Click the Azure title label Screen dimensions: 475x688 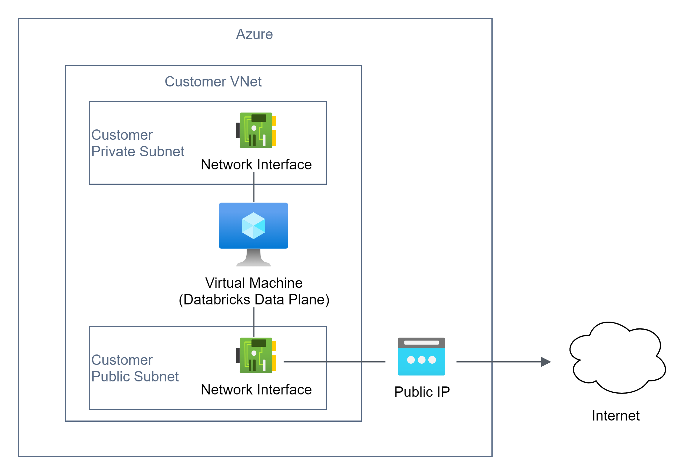(x=254, y=34)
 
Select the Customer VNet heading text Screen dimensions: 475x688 (x=213, y=81)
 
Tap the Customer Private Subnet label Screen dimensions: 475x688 (x=137, y=143)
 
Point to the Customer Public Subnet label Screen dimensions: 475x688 (x=135, y=368)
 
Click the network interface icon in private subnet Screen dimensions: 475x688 (x=256, y=130)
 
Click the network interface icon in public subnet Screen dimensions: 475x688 (x=256, y=355)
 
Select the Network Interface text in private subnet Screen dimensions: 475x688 (x=256, y=165)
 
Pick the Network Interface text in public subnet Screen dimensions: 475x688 (x=256, y=390)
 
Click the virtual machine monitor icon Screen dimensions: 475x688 (x=253, y=226)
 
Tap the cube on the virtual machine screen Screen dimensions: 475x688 (x=253, y=226)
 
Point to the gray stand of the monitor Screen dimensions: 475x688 (x=253, y=258)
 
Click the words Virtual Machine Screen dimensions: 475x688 (x=254, y=283)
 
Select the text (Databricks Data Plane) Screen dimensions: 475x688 (x=254, y=299)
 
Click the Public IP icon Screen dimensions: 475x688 (x=422, y=357)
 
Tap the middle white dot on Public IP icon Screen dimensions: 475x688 (x=422, y=360)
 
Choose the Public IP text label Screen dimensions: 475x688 (x=422, y=392)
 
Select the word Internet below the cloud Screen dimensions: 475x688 (x=615, y=415)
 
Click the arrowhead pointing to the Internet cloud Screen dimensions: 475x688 (x=546, y=362)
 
